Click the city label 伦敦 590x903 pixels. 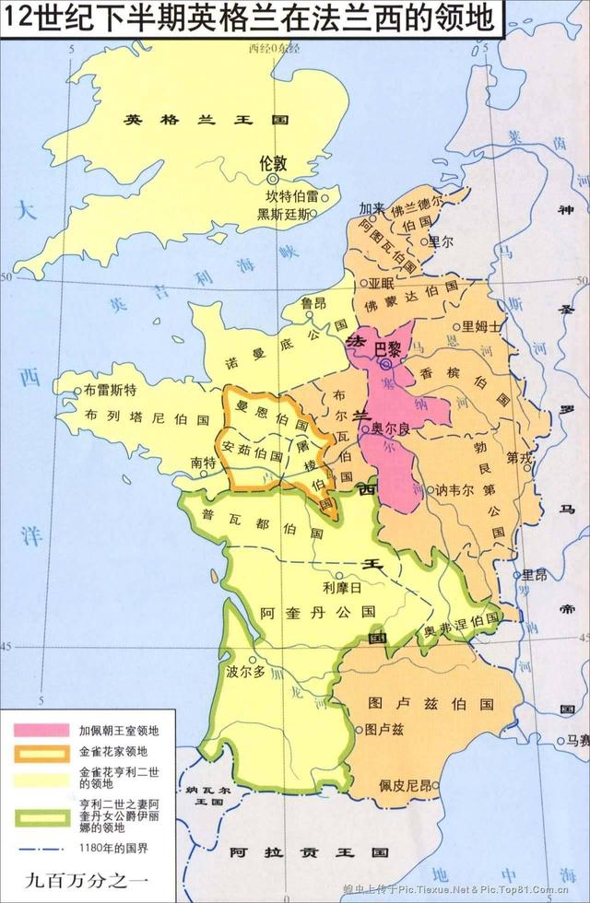point(274,161)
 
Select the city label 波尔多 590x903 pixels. point(246,672)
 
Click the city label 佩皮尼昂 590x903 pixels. point(405,786)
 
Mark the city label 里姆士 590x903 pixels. point(484,325)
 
